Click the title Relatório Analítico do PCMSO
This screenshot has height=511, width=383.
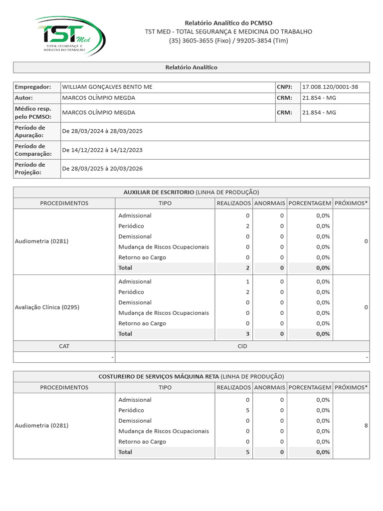tap(228, 23)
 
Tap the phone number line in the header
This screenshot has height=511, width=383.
tap(228, 40)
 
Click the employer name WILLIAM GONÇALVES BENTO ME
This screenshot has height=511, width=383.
tap(107, 87)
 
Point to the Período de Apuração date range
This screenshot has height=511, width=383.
tap(102, 131)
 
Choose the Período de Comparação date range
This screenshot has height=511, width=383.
tap(102, 150)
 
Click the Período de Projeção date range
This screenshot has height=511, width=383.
tap(102, 168)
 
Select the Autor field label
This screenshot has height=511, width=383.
tap(24, 98)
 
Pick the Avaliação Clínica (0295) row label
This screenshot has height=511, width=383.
tap(47, 307)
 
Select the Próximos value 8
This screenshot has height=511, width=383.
tap(366, 426)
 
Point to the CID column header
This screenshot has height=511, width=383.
tap(242, 346)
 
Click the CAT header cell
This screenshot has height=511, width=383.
tap(64, 346)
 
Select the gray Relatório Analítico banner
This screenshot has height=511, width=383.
tap(191, 67)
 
